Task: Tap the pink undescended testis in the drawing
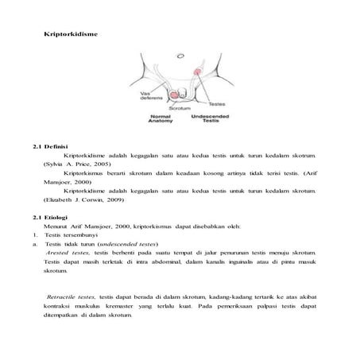coord(197,73)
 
